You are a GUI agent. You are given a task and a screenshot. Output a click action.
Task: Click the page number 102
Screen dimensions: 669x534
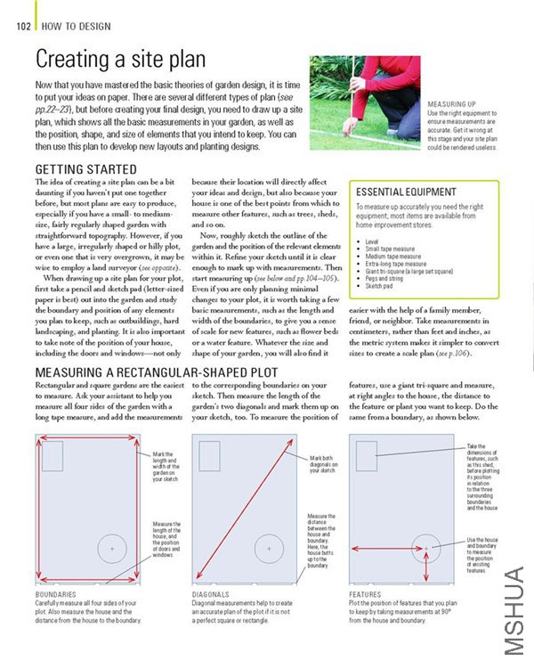pyautogui.click(x=24, y=25)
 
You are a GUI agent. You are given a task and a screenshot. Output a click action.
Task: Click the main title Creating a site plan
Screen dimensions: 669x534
pyautogui.click(x=120, y=61)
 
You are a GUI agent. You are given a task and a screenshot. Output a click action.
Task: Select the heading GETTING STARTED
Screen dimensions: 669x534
pyautogui.click(x=85, y=168)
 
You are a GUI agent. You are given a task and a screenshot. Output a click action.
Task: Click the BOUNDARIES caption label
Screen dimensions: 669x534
pyautogui.click(x=55, y=593)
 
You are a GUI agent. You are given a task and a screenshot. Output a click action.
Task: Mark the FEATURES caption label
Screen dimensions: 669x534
pyautogui.click(x=367, y=593)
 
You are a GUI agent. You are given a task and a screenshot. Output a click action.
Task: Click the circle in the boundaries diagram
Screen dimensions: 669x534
pyautogui.click(x=113, y=548)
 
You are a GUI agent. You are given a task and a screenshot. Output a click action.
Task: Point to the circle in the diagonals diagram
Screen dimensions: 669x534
pyautogui.click(x=269, y=548)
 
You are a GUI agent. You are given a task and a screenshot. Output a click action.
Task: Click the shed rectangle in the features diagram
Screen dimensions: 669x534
pyautogui.click(x=367, y=456)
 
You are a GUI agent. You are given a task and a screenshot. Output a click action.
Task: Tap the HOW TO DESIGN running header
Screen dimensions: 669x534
pyautogui.click(x=76, y=25)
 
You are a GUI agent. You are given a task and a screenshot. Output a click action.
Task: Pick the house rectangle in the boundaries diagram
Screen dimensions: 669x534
pyautogui.click(x=52, y=456)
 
